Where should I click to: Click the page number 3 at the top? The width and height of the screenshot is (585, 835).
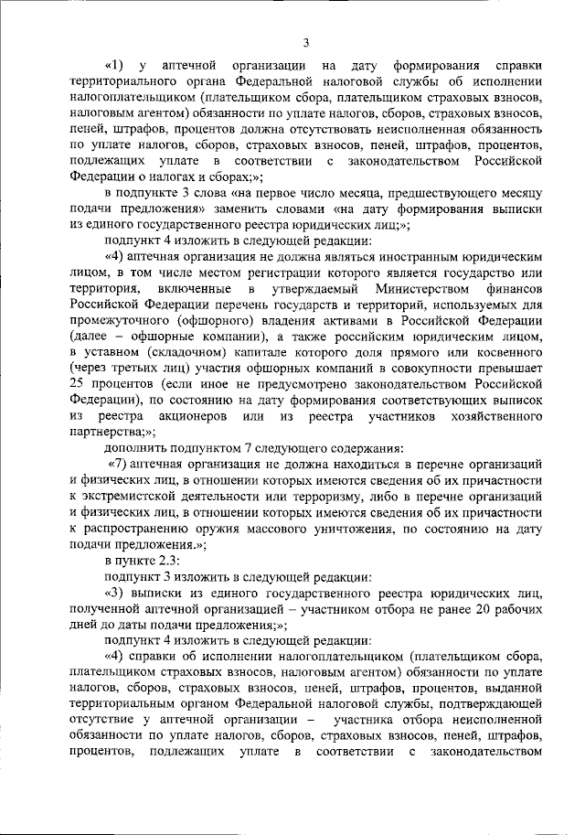(305, 42)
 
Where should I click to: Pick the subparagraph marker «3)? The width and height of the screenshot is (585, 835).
(116, 594)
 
